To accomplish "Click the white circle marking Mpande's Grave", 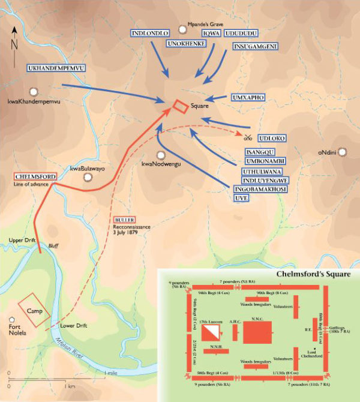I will (182, 28).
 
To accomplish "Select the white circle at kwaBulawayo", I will (88, 178).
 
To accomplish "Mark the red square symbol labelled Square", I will (179, 106).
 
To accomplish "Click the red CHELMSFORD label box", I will (33, 176).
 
